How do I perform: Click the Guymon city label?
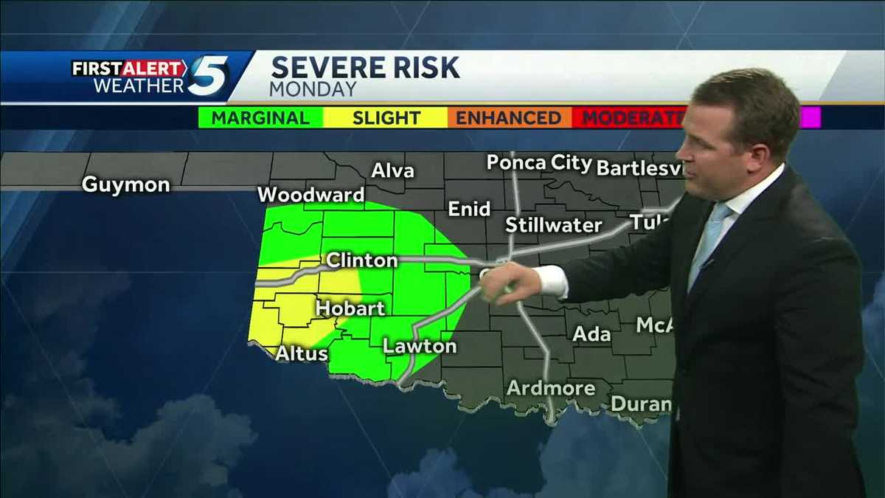pyautogui.click(x=125, y=184)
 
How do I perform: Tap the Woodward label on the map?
pyautogui.click(x=310, y=195)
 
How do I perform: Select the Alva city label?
pyautogui.click(x=392, y=170)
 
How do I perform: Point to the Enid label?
pyautogui.click(x=469, y=209)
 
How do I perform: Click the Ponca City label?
pyautogui.click(x=539, y=163)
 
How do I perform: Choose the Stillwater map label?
pyautogui.click(x=553, y=225)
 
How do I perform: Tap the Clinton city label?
pyautogui.click(x=361, y=260)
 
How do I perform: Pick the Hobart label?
pyautogui.click(x=350, y=308)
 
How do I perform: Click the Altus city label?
pyautogui.click(x=302, y=353)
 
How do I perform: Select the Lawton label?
pyautogui.click(x=420, y=345)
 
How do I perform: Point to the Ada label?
pyautogui.click(x=591, y=334)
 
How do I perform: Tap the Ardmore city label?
pyautogui.click(x=551, y=388)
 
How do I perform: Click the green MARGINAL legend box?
pyautogui.click(x=260, y=117)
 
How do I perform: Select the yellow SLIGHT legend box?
pyautogui.click(x=386, y=117)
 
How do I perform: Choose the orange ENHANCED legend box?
pyautogui.click(x=508, y=117)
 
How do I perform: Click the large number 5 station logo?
pyautogui.click(x=207, y=76)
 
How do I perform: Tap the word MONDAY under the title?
pyautogui.click(x=313, y=89)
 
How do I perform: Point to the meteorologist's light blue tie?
pyautogui.click(x=708, y=236)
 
